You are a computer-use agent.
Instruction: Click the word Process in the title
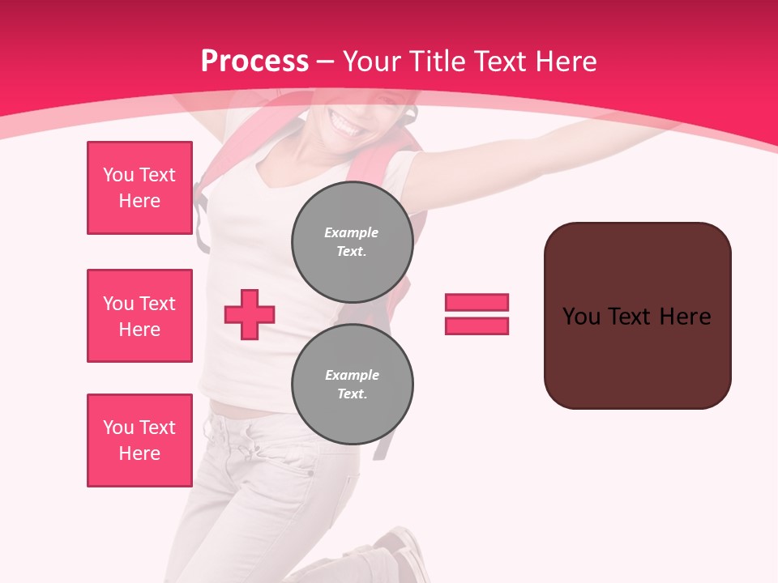point(254,61)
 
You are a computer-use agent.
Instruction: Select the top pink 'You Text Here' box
point(139,188)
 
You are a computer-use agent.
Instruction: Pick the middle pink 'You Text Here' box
point(139,316)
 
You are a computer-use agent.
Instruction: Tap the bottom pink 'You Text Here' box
point(139,440)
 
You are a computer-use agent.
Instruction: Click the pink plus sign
point(250,313)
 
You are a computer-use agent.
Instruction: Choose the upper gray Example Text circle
point(352,242)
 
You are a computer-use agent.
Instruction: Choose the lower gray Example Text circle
point(352,385)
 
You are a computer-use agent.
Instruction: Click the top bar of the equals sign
point(477,302)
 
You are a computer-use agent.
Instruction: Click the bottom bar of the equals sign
point(477,326)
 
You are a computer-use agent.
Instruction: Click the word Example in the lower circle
point(352,375)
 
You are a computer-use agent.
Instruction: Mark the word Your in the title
point(370,62)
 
